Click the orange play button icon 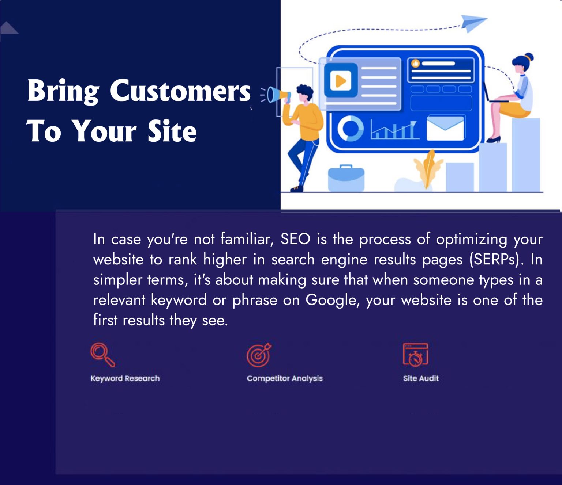point(340,80)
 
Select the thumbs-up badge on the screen point(415,64)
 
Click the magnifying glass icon point(102,354)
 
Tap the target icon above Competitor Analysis point(259,355)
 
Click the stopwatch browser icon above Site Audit point(415,355)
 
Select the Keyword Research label point(125,378)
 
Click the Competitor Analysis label point(285,378)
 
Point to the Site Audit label point(421,378)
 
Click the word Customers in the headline point(180,91)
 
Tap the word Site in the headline point(172,131)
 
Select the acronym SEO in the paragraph point(295,240)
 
